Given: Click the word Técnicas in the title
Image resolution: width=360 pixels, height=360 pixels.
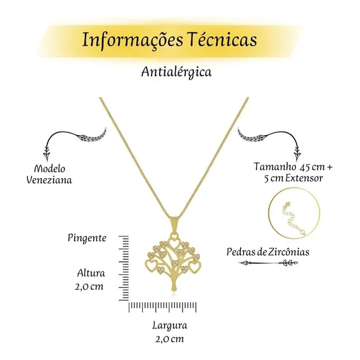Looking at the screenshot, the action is click(222, 39).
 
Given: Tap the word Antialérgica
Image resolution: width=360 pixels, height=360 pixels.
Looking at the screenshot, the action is click(176, 72).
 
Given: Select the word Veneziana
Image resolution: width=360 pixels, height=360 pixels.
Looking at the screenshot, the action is click(49, 180).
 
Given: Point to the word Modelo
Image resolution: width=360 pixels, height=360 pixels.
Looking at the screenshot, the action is click(49, 169).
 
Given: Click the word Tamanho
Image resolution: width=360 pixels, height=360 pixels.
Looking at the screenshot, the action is click(275, 166).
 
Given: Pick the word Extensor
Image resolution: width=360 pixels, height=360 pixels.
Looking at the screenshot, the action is click(304, 178).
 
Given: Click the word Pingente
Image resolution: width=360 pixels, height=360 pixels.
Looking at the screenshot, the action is click(87, 238).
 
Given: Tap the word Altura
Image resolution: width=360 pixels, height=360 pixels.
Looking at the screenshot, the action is click(91, 273).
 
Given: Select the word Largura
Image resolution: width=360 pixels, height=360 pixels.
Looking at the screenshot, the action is click(170, 326).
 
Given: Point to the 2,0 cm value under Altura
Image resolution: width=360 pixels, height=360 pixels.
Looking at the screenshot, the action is click(89, 286).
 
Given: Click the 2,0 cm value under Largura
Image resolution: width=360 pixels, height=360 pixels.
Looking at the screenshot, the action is click(170, 339).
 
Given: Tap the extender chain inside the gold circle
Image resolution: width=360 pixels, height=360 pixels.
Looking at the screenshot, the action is click(291, 221).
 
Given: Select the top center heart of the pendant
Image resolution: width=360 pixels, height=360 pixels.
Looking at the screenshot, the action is click(174, 243).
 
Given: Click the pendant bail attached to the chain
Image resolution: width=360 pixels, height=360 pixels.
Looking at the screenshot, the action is click(174, 226).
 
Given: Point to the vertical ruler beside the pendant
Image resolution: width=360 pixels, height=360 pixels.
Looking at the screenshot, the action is click(124, 268).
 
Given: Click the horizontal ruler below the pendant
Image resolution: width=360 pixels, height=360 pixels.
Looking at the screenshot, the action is click(162, 307).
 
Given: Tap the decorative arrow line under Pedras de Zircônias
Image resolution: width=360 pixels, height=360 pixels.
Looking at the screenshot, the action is click(268, 263).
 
